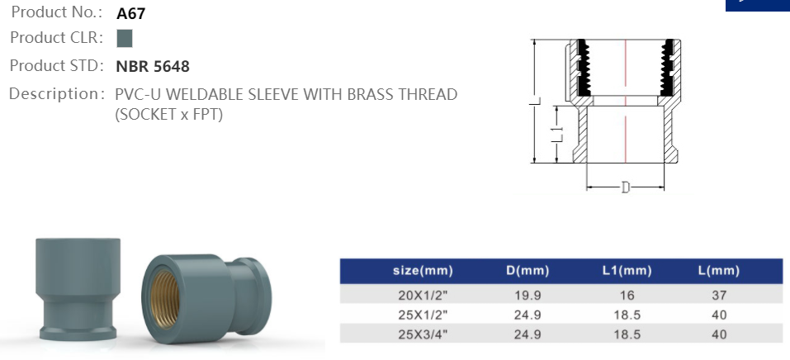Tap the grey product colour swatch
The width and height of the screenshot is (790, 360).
(125, 38)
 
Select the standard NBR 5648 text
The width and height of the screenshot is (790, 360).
(154, 66)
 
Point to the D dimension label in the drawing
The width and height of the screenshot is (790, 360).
(625, 187)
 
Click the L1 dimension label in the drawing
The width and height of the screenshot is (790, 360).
(557, 134)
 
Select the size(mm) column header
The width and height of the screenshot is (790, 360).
(423, 271)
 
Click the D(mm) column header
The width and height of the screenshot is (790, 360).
(527, 271)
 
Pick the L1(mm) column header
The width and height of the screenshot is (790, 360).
(627, 271)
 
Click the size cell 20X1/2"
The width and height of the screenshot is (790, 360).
(423, 295)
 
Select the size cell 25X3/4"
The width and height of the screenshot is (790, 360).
(423, 334)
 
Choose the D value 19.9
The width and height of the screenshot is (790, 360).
(527, 295)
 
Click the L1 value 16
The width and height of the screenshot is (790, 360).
(627, 295)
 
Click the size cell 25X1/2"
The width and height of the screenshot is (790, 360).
(423, 315)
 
